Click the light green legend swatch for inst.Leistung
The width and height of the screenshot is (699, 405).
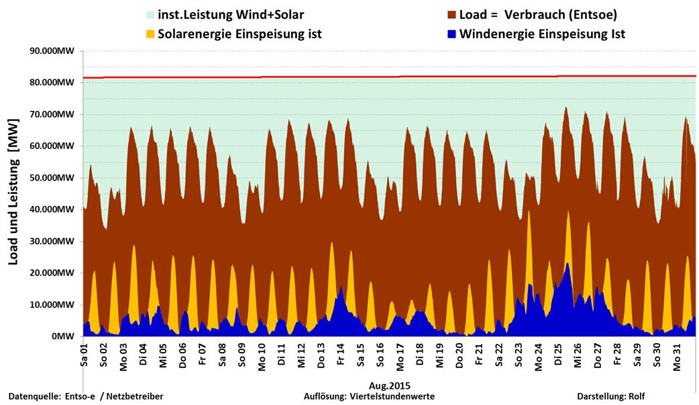[150, 14]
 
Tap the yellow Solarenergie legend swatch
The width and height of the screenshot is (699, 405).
[150, 34]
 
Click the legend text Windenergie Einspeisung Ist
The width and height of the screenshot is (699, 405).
[542, 34]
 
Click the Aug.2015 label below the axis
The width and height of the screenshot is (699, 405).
[389, 386]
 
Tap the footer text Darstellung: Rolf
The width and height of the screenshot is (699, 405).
[610, 397]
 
